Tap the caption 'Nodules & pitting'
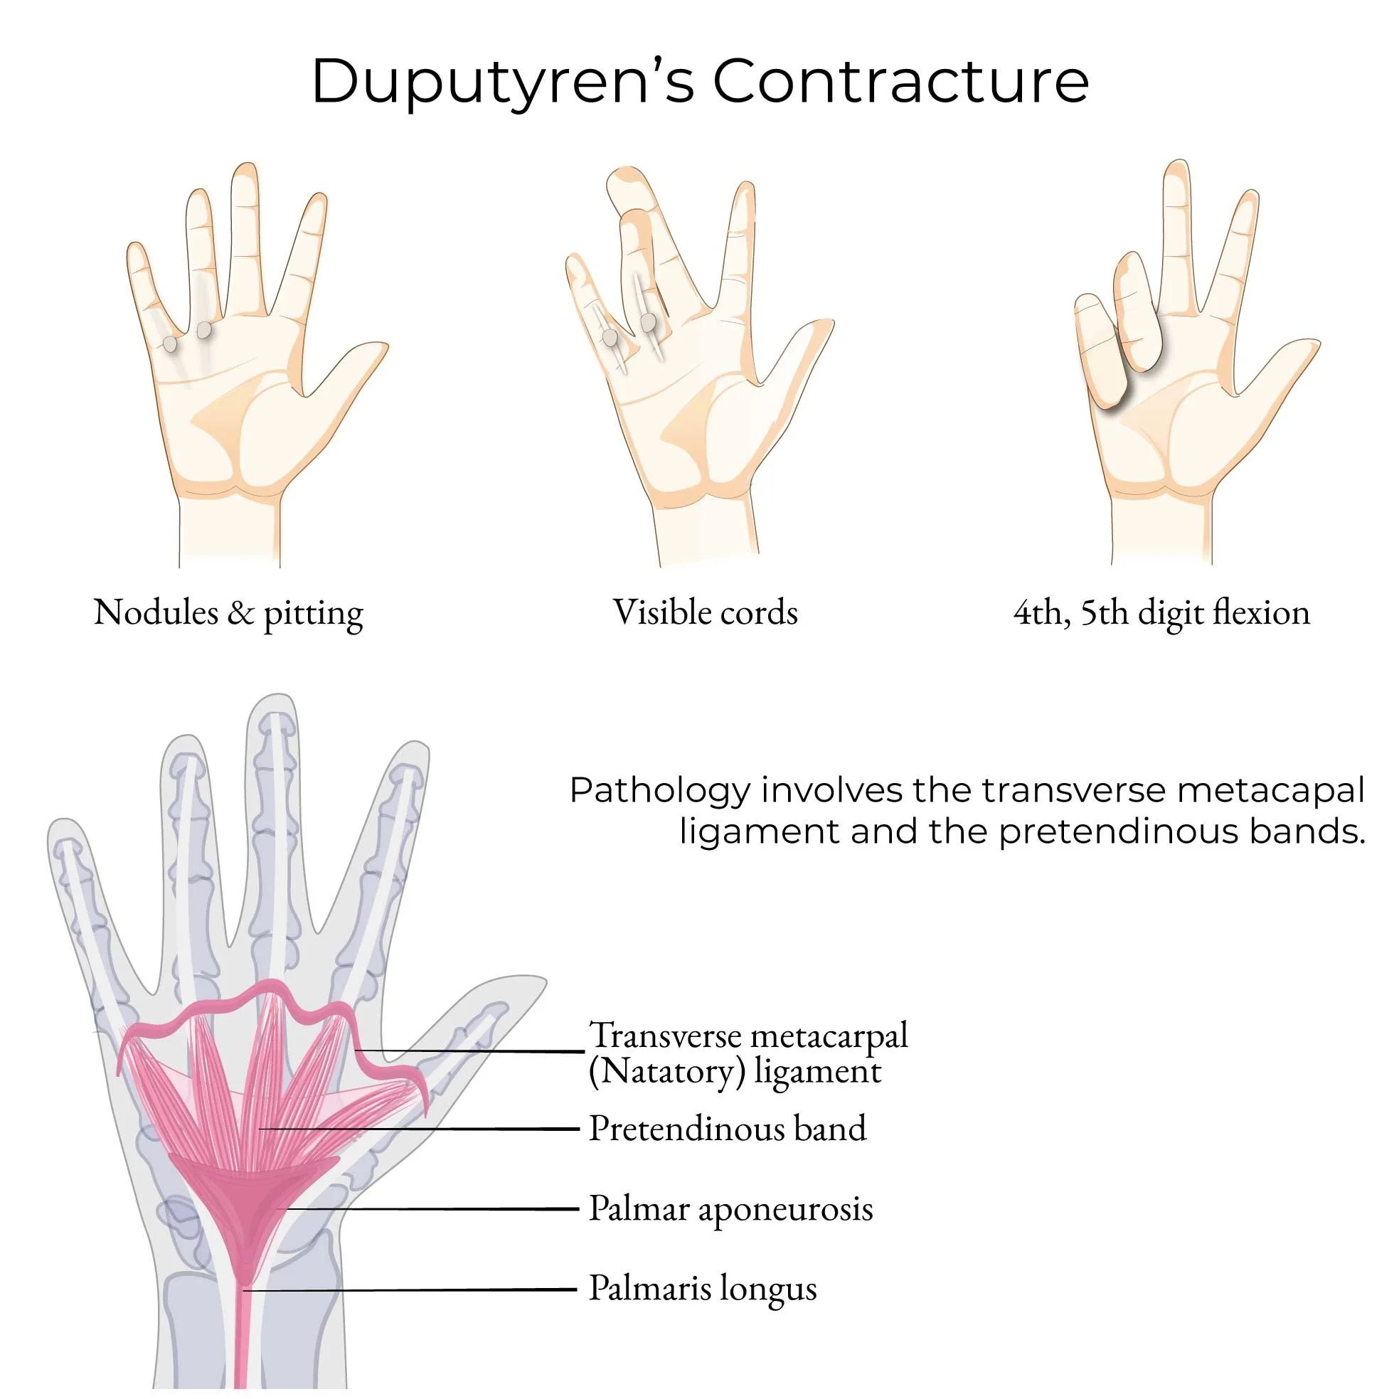228,613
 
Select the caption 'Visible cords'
706,612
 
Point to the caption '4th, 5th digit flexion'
1161,612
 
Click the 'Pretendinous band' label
727,1128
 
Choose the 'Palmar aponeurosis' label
730,1208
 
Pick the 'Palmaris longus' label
703,1288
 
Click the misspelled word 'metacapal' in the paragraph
1272,790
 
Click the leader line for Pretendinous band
420,1128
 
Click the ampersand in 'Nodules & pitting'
240,613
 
